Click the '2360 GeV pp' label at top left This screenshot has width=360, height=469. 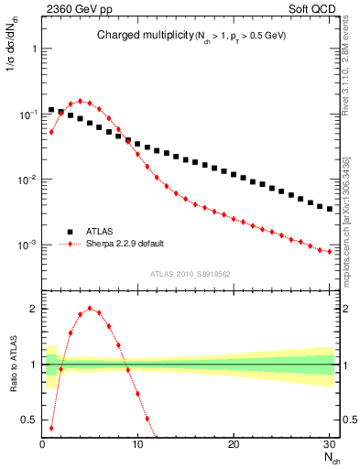click(x=72, y=7)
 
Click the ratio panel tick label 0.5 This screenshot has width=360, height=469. click(x=28, y=420)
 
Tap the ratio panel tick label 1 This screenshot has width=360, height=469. click(x=33, y=365)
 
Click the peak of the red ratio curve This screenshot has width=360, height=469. click(x=90, y=308)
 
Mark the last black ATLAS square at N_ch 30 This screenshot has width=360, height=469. click(x=330, y=209)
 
